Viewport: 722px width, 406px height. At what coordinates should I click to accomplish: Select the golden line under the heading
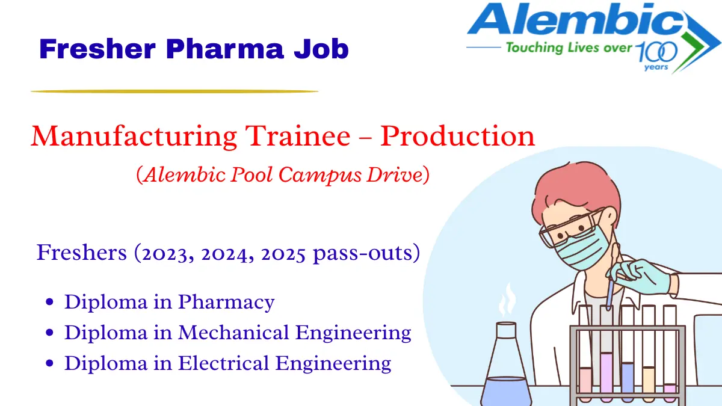pyautogui.click(x=174, y=91)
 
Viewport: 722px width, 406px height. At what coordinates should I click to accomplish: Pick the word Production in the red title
pyautogui.click(x=457, y=137)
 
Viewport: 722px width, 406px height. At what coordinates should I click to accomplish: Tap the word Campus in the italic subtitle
pyautogui.click(x=330, y=174)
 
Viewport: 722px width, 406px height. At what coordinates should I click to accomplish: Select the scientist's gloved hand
pyautogui.click(x=644, y=277)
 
